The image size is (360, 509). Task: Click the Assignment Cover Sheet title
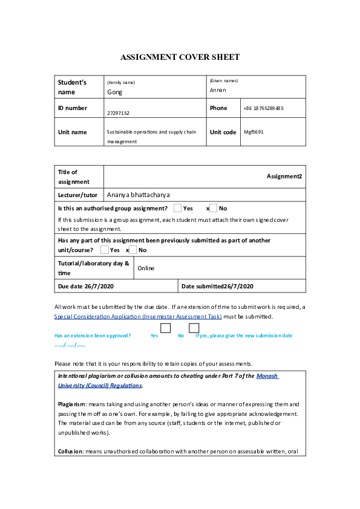[180, 57]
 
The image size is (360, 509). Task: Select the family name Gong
[114, 92]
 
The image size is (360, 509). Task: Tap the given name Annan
[218, 90]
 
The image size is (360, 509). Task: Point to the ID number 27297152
[118, 113]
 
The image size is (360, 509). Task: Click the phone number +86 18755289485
[263, 108]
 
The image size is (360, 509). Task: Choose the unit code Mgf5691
[254, 132]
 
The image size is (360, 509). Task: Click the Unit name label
[72, 132]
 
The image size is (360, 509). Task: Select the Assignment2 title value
[284, 177]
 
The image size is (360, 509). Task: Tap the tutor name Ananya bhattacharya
[138, 195]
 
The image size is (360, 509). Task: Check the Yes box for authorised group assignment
[177, 208]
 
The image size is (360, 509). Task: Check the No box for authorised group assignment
[213, 208]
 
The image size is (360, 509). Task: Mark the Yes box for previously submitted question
[105, 250]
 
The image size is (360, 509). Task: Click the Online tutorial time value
[146, 268]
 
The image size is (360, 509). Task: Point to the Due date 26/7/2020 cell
[86, 287]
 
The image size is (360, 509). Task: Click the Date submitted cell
[217, 287]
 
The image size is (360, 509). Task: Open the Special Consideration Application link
[137, 316]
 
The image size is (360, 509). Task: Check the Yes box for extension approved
[165, 328]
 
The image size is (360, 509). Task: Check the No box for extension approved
[194, 328]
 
